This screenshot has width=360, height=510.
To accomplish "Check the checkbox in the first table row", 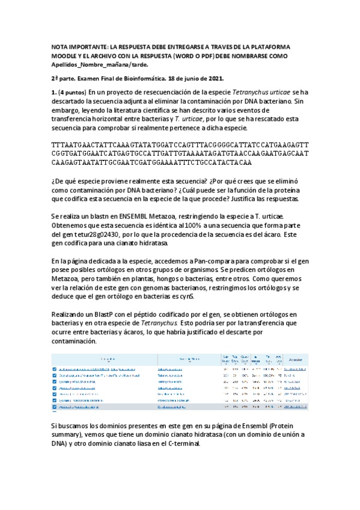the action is click(x=54, y=368).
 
